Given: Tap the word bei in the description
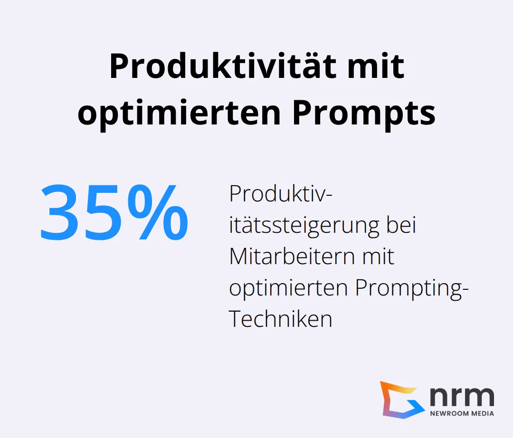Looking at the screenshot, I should click(401, 226).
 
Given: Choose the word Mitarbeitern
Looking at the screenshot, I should click(292, 257).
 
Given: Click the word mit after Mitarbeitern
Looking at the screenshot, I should click(378, 257).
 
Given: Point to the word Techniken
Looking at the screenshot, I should click(280, 319).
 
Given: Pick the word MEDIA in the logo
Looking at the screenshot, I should click(483, 413).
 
